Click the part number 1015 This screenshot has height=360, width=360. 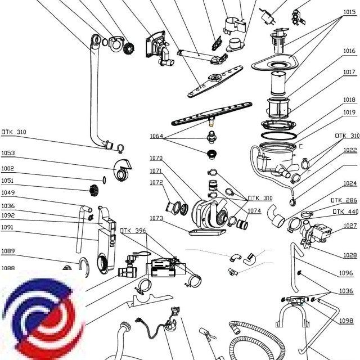click(350, 12)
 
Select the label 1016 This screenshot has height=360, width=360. click(350, 51)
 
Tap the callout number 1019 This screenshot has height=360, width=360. click(350, 112)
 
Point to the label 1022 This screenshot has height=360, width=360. click(350, 150)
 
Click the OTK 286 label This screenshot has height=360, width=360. click(345, 200)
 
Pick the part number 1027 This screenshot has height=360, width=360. click(350, 226)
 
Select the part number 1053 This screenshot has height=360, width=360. click(8, 153)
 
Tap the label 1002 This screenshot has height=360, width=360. click(8, 169)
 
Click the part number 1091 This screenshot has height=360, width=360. click(8, 227)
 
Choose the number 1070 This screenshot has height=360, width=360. click(156, 158)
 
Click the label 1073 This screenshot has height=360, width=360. click(156, 218)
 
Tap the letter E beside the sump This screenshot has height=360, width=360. click(301, 147)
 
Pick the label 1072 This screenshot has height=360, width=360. click(156, 182)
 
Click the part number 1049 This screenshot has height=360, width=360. click(8, 192)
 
